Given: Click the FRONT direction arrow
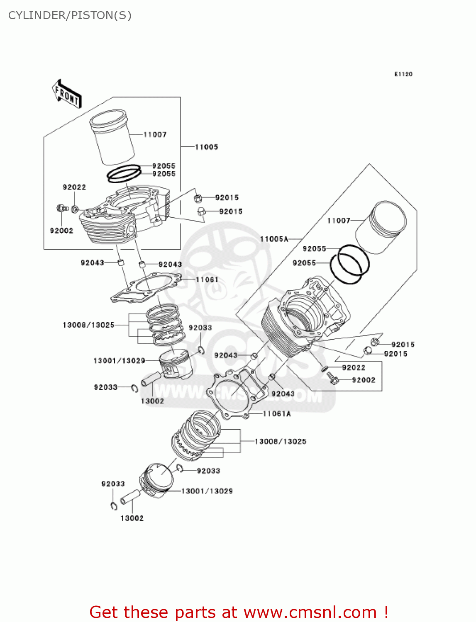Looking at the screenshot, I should [x=67, y=94].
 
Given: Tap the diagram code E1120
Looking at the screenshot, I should [x=403, y=74].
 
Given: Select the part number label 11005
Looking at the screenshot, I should [x=206, y=147].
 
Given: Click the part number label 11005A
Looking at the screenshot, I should [x=274, y=239].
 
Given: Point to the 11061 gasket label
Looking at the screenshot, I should [x=207, y=279].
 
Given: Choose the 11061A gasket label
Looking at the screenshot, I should [x=277, y=414].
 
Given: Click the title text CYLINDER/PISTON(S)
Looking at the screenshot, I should [x=70, y=15].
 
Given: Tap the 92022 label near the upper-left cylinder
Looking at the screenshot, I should [x=74, y=187].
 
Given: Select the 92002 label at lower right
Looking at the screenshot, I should [x=363, y=380].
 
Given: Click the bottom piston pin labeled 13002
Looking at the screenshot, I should [x=130, y=497].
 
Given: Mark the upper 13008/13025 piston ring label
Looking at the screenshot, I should [x=88, y=325].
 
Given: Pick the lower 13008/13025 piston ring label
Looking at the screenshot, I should [x=280, y=442].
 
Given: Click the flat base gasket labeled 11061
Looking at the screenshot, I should [x=145, y=287].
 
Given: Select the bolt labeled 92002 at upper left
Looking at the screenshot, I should [x=62, y=207].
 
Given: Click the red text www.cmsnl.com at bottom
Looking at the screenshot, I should [x=310, y=612].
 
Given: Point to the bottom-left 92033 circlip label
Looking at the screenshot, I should [x=113, y=484].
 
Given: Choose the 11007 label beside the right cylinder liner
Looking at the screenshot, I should [x=338, y=221].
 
